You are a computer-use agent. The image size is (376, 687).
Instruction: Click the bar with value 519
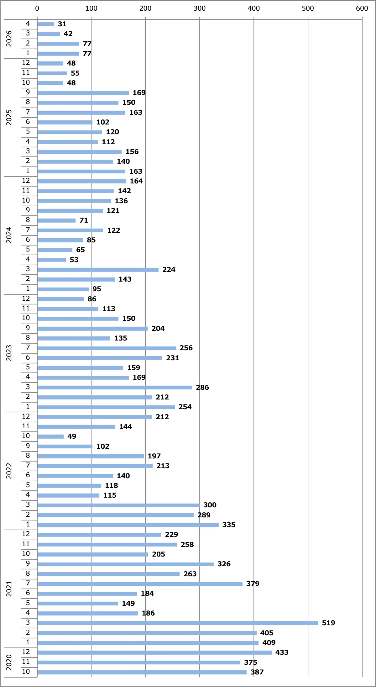(x=178, y=623)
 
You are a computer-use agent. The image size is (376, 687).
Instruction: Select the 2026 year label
(x=9, y=39)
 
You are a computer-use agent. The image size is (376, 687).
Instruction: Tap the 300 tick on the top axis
(x=200, y=8)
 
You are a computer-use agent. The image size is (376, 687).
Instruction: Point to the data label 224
(x=169, y=270)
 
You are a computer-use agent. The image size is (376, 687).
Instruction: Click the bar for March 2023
(x=115, y=387)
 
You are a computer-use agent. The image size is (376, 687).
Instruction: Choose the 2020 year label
(x=9, y=663)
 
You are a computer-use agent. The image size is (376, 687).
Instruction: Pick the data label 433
(x=282, y=653)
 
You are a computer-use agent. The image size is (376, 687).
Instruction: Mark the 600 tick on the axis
(x=362, y=8)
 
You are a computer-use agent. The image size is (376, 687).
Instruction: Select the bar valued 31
(x=45, y=24)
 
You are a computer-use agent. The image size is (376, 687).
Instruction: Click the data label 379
(x=253, y=584)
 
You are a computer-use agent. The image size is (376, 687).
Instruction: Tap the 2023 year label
(x=9, y=353)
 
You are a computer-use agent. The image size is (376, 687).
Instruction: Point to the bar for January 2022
(x=128, y=525)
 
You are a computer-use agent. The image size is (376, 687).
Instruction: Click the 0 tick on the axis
(x=37, y=8)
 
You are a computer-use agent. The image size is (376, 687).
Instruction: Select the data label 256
(x=186, y=348)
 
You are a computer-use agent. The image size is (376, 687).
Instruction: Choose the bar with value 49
(x=50, y=436)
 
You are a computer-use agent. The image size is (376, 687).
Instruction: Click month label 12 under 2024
(x=26, y=181)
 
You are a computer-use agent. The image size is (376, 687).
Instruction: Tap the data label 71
(x=84, y=220)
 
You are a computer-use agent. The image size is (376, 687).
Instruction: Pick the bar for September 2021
(x=125, y=564)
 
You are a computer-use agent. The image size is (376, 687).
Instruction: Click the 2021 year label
(x=9, y=589)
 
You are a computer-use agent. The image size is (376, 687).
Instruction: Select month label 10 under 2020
(x=26, y=672)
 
